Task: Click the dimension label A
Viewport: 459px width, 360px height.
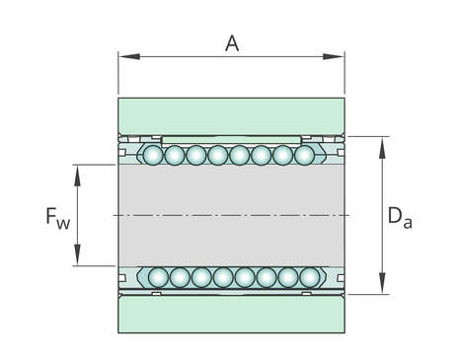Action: click(x=232, y=43)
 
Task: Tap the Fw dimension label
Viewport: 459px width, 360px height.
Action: click(x=58, y=218)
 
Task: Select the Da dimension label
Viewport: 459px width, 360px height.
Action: click(x=400, y=217)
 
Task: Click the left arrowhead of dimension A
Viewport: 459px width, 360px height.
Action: click(x=129, y=56)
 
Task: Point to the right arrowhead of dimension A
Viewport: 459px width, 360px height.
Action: click(x=334, y=56)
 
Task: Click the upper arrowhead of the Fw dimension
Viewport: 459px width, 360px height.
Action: click(x=77, y=176)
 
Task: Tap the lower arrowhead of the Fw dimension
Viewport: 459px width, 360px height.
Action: click(x=77, y=254)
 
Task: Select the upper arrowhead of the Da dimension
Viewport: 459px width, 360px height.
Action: click(x=382, y=148)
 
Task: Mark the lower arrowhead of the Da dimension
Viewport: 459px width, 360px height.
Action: click(x=382, y=283)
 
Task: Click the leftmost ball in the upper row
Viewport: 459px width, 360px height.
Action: click(x=153, y=155)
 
